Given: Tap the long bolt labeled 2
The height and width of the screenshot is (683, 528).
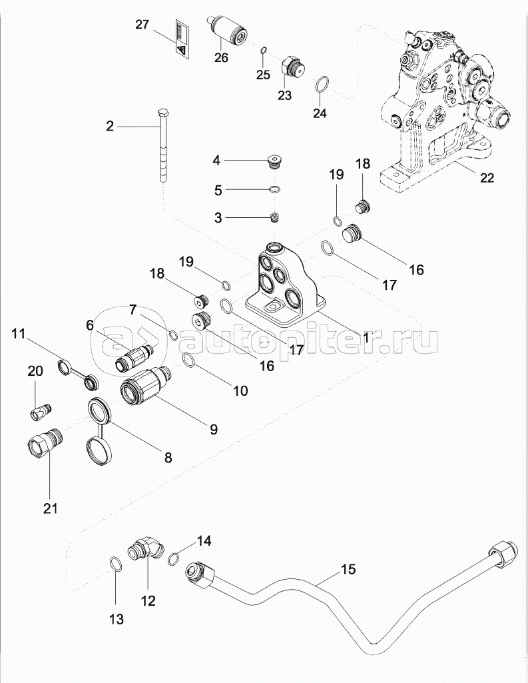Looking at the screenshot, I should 163,147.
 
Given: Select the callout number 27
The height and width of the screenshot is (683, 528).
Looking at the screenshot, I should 142,25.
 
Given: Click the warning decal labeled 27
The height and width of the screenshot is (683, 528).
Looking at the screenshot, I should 182,38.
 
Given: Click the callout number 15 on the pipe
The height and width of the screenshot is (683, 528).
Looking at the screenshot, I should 349,570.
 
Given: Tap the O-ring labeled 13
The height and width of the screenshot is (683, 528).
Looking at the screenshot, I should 115,565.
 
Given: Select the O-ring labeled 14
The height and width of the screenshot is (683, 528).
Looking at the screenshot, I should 173,558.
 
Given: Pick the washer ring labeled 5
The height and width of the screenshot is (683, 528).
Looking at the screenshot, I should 274,190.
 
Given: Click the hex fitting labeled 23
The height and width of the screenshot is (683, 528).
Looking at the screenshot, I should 293,67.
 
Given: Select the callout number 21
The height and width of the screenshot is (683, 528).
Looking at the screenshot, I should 51,508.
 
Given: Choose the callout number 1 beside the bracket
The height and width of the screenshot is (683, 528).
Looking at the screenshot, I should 366,338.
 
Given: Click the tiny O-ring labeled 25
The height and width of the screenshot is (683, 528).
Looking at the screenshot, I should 264,50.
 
